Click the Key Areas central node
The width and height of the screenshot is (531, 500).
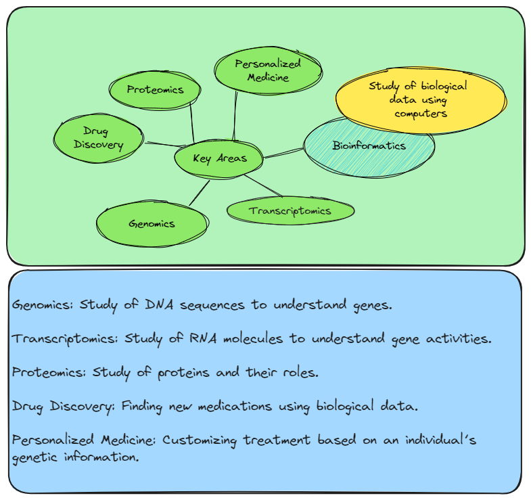[219, 159]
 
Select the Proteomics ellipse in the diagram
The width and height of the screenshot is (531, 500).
[156, 90]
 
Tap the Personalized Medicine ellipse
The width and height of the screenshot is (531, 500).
[267, 70]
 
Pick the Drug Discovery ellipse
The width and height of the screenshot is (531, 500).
[99, 139]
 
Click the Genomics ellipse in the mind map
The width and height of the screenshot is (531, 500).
[152, 224]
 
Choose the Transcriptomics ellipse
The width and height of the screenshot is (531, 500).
[290, 210]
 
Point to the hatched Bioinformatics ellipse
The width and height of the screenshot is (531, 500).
[369, 146]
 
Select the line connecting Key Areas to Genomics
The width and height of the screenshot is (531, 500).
[199, 194]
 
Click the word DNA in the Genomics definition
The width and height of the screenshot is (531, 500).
[160, 304]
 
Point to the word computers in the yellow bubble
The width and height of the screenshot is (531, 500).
[421, 114]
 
